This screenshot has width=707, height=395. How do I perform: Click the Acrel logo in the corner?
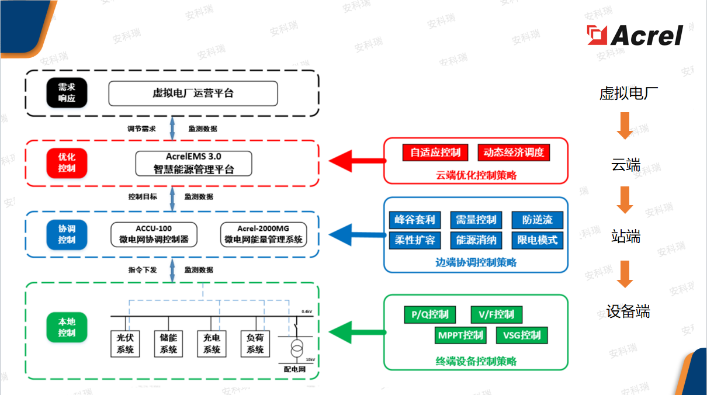tap(635, 35)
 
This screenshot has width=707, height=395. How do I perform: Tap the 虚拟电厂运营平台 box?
tap(193, 93)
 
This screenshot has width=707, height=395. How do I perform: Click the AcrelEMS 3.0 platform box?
tap(193, 164)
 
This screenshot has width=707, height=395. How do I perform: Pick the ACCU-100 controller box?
tap(154, 234)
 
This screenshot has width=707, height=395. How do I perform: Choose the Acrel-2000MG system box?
tap(263, 234)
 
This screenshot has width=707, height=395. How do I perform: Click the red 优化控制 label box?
tap(67, 164)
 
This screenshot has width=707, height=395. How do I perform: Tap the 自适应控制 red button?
tap(435, 153)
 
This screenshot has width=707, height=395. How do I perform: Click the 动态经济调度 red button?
tap(514, 153)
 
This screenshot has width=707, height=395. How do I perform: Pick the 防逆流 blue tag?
tap(538, 220)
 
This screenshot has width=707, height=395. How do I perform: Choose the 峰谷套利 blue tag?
tap(415, 220)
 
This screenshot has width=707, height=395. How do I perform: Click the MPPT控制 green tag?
tap(460, 335)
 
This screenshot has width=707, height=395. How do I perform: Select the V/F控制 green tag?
tap(497, 315)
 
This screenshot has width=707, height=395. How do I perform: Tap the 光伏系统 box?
tap(126, 344)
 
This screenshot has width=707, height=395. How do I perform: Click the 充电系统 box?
tap(212, 344)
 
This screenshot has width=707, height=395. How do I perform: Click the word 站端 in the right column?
tap(625, 237)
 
